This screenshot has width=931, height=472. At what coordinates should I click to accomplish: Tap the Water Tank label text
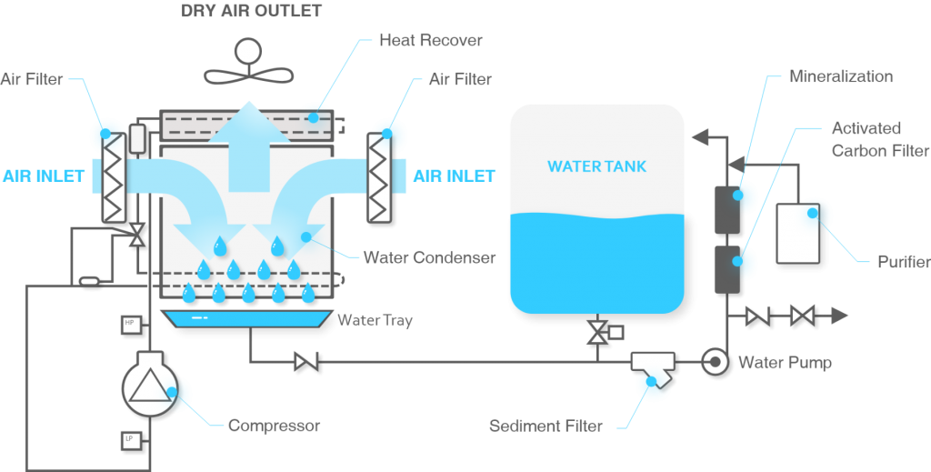596,166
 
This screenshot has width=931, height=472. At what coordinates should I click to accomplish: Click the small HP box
128,323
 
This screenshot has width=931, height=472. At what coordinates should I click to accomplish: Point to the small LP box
128,441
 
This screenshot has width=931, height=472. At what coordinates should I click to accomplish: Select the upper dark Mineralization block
726,208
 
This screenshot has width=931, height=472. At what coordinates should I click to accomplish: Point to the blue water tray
246,319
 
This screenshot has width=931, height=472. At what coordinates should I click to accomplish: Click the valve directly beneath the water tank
596,332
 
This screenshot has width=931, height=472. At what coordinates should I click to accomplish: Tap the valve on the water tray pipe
306,362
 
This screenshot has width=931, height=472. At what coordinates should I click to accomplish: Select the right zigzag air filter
379,176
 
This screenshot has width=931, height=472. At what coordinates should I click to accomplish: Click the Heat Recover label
430,41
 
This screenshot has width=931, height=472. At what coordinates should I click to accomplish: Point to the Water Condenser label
429,257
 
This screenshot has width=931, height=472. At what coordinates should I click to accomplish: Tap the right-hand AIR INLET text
455,176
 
